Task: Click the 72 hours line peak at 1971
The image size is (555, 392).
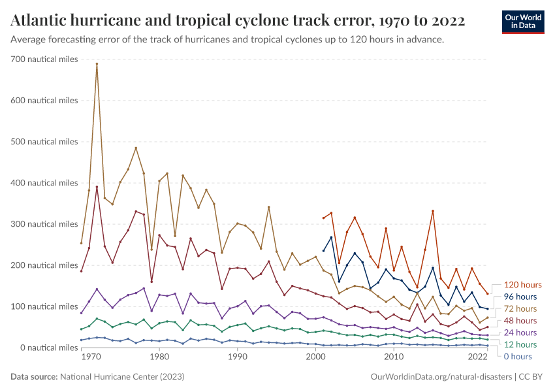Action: (97, 64)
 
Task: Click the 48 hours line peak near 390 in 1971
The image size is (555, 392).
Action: (97, 187)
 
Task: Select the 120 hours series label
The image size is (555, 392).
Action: (522, 285)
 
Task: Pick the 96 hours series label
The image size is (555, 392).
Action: (520, 297)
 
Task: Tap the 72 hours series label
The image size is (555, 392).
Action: (520, 308)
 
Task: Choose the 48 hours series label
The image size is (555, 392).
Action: (520, 321)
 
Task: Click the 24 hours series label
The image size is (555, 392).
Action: (520, 333)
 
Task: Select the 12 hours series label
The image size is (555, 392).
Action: (520, 344)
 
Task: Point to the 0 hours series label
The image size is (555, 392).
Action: (518, 356)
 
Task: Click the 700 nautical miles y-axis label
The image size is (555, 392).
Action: (45, 59)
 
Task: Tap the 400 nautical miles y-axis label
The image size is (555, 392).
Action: (45, 183)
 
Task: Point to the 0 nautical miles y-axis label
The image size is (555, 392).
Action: (45, 348)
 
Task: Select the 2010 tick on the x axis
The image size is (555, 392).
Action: (393, 357)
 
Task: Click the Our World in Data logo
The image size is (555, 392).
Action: (522, 22)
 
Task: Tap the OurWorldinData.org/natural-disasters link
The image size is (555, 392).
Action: (441, 377)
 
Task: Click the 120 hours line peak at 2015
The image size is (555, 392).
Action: (432, 211)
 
